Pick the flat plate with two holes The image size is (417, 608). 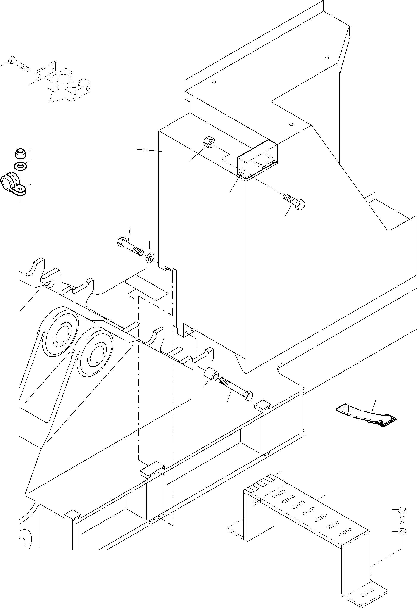(45, 71)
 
